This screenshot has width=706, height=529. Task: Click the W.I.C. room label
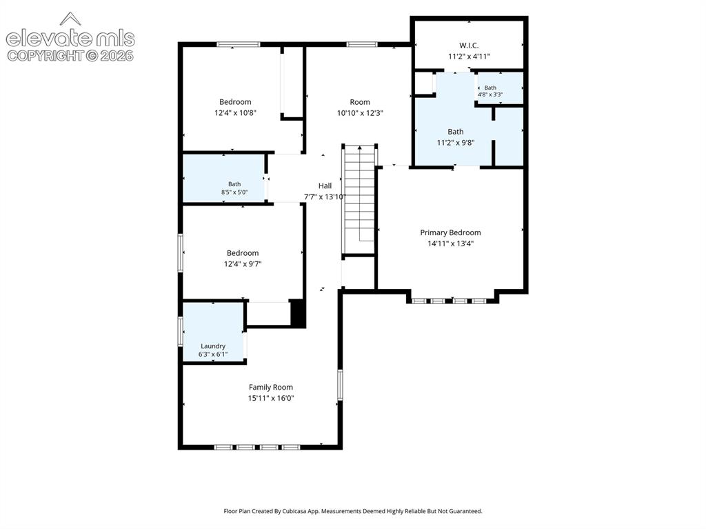pyautogui.click(x=469, y=46)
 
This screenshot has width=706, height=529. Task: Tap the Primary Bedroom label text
pyautogui.click(x=450, y=232)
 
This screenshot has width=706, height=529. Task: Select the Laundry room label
pyautogui.click(x=213, y=346)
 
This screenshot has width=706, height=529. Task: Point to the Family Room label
pyautogui.click(x=270, y=387)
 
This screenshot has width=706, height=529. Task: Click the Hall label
pyautogui.click(x=325, y=186)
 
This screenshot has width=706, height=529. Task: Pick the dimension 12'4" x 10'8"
pyautogui.click(x=235, y=112)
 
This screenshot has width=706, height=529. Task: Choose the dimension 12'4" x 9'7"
pyautogui.click(x=243, y=264)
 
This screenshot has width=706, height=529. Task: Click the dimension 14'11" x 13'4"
pyautogui.click(x=450, y=243)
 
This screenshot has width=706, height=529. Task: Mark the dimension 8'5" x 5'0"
pyautogui.click(x=234, y=192)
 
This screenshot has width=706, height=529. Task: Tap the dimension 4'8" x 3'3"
pyautogui.click(x=490, y=94)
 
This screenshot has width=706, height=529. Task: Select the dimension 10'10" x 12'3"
pyautogui.click(x=360, y=113)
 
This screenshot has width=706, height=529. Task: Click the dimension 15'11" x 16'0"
pyautogui.click(x=270, y=399)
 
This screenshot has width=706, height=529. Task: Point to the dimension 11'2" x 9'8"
pyautogui.click(x=455, y=143)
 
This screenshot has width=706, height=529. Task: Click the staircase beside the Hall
pyautogui.click(x=359, y=199)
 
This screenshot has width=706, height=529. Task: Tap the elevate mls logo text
pyautogui.click(x=70, y=39)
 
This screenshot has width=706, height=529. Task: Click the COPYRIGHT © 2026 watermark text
pyautogui.click(x=70, y=56)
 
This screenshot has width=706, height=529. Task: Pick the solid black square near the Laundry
pyautogui.click(x=298, y=312)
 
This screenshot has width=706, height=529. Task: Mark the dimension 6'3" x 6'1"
pyautogui.click(x=213, y=355)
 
